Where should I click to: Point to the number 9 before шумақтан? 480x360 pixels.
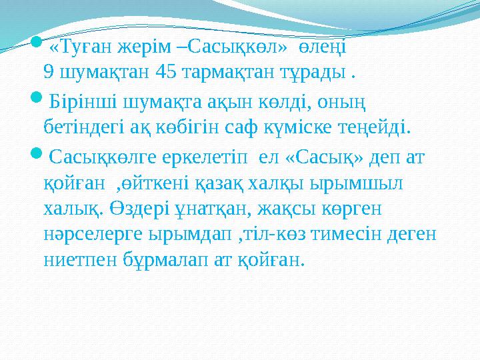[x=47, y=71]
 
